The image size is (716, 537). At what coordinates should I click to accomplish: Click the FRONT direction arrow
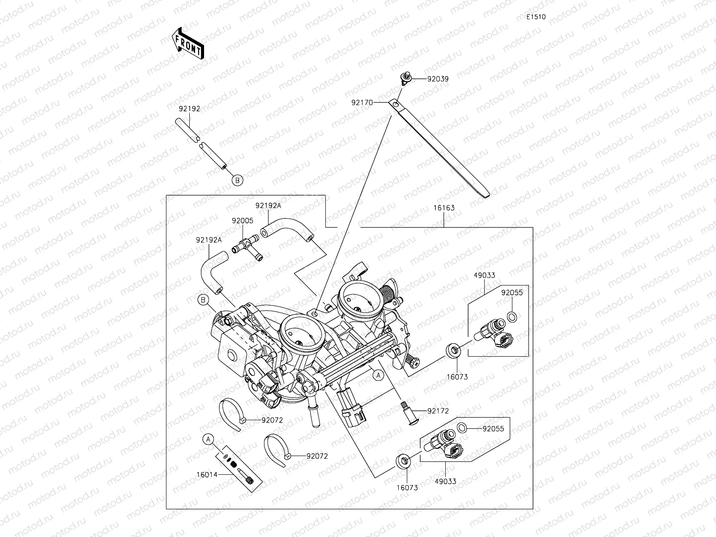(188, 43)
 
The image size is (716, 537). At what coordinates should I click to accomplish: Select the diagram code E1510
(536, 17)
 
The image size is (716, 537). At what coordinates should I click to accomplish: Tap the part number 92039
(438, 79)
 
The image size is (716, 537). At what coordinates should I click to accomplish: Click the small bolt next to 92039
(405, 79)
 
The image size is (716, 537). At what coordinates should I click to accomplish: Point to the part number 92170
(362, 102)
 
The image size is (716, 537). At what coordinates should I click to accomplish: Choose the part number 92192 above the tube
(189, 109)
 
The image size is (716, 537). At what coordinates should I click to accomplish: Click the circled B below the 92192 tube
(237, 180)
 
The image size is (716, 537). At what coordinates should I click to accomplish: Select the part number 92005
(243, 221)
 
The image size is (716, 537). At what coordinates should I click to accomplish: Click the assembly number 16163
(443, 208)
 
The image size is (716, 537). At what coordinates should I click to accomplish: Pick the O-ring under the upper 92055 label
(512, 316)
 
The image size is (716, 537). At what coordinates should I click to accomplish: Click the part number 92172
(438, 411)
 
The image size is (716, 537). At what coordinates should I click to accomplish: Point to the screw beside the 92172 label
(409, 413)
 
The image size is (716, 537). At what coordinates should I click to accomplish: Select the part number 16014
(207, 475)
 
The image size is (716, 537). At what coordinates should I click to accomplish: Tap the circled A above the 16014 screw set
(208, 439)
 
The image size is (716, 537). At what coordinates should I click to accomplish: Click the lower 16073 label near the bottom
(407, 488)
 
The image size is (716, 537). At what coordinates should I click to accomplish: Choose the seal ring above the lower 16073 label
(404, 461)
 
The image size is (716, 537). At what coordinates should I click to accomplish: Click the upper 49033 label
(484, 275)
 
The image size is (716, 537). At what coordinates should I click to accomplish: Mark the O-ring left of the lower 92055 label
(461, 427)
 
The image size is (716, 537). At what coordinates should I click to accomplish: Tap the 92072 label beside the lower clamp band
(317, 456)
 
